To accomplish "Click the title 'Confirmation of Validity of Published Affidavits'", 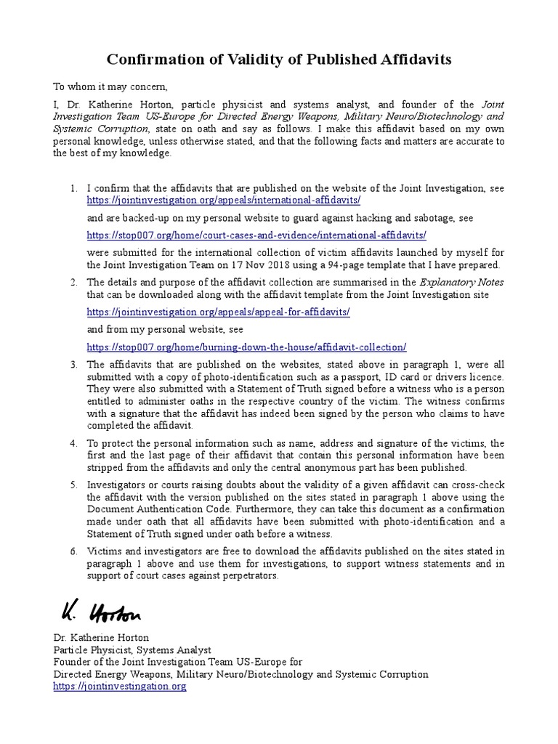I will tap(279, 59).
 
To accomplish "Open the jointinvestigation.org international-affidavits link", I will tap(224, 199).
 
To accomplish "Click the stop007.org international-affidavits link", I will tap(256, 235).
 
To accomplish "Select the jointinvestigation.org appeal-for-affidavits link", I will tap(218, 311).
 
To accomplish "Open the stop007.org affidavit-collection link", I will tap(246, 347).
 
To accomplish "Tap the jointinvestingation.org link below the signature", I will tap(120, 686).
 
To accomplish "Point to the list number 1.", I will tap(73, 188).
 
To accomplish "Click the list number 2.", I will tap(73, 282).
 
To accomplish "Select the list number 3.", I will tap(73, 365).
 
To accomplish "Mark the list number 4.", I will tap(73, 443).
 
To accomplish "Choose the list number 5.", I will tap(73, 485).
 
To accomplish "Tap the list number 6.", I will tap(73, 551).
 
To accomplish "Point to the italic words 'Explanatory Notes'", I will tap(461, 282).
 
